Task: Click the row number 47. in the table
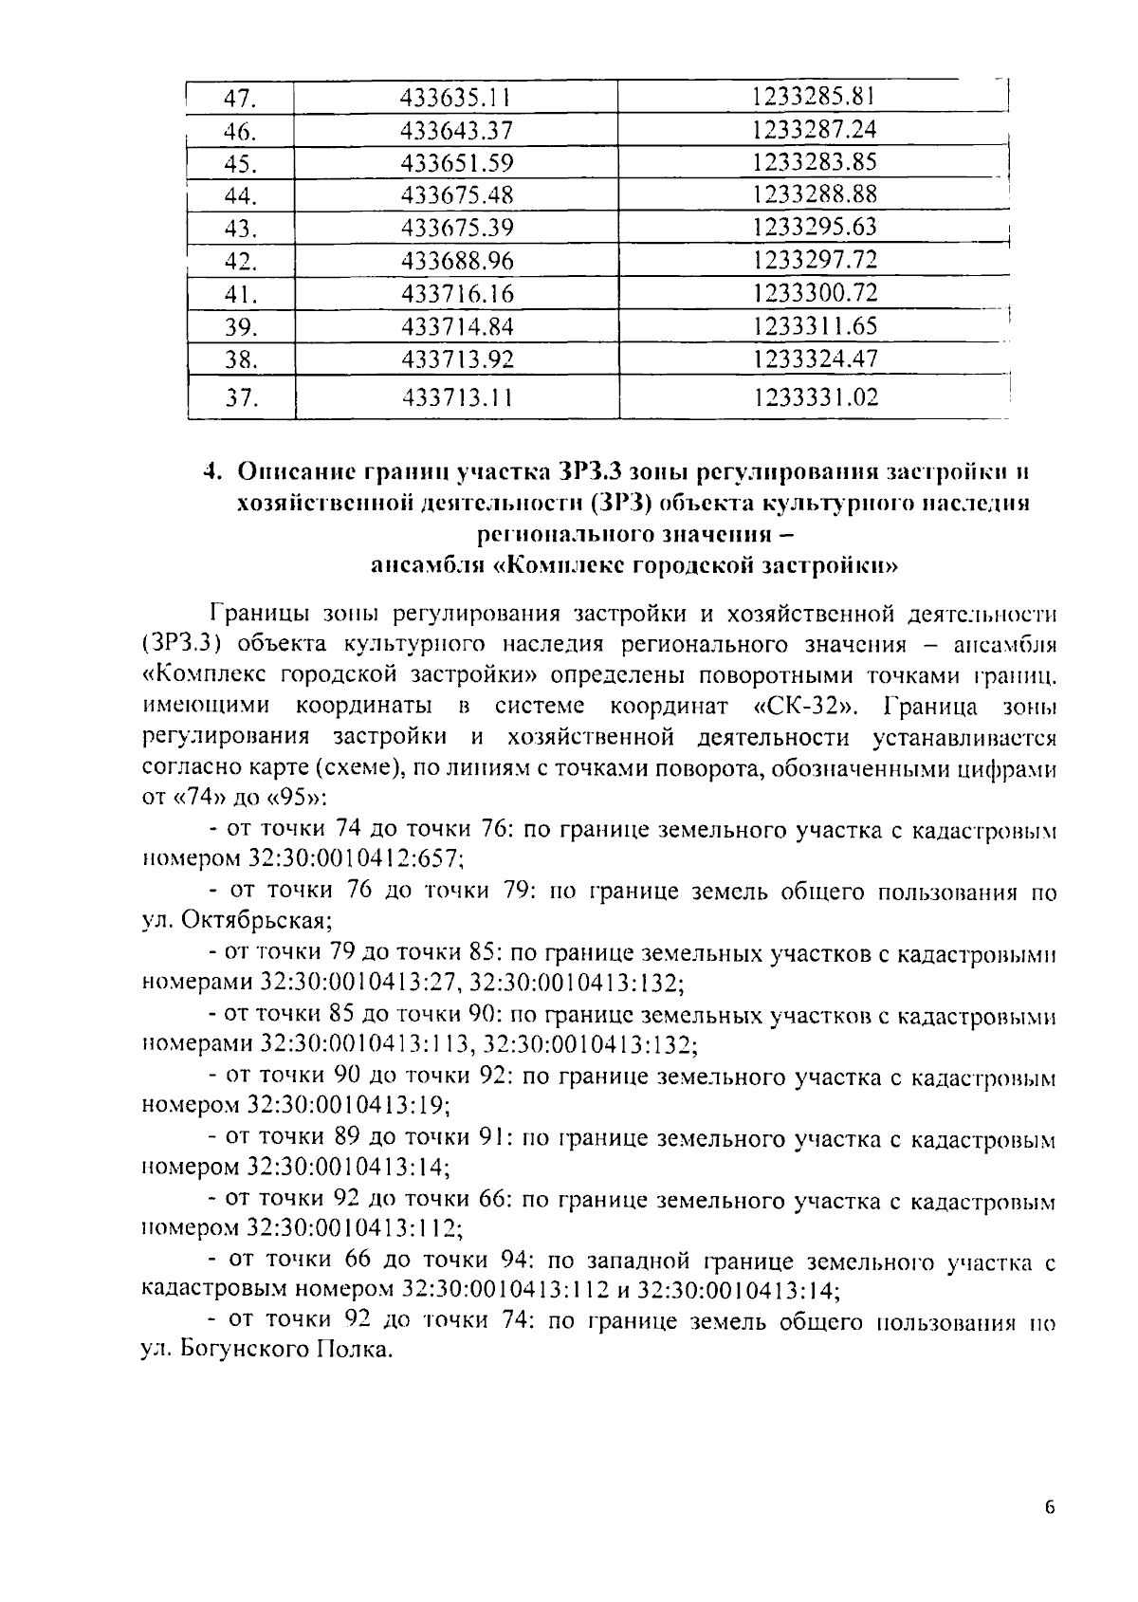241,98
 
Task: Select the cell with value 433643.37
456,131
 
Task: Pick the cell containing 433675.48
456,195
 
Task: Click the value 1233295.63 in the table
815,228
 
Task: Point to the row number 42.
241,261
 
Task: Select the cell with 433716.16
456,293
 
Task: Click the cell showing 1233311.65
815,326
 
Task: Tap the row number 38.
241,359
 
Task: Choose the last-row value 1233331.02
815,397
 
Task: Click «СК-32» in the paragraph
811,707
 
